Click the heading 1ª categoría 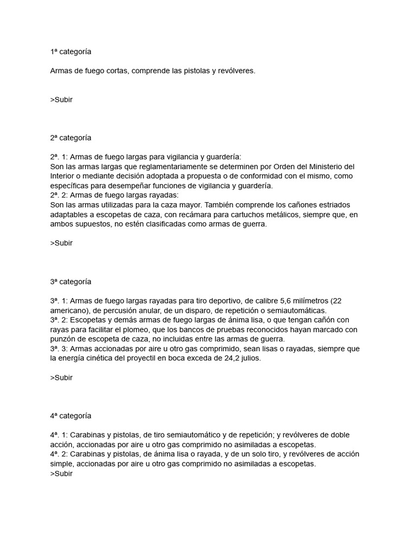70,52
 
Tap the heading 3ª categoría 70,282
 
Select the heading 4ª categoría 70,416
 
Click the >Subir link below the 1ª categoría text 61,100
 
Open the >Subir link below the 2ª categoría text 61,243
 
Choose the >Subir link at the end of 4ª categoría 61,473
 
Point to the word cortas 115,71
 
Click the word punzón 64,339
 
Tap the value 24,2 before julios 224,358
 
